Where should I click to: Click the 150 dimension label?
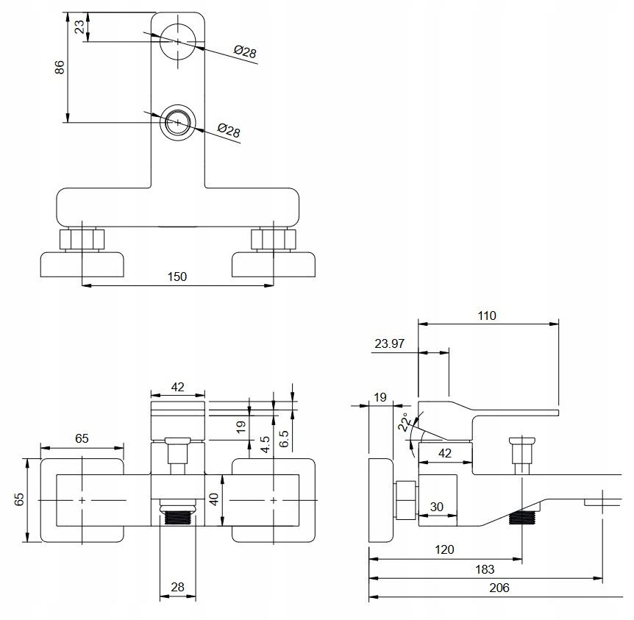pos(177,277)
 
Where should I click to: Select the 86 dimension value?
pos(60,67)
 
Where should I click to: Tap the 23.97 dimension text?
pos(389,343)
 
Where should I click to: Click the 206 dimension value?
pos(499,588)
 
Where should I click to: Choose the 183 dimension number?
pos(485,569)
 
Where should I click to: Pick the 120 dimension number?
pos(444,549)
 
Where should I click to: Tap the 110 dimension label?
pos(487,316)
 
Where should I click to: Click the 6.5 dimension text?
pos(284,439)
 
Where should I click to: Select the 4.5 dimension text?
pos(265,444)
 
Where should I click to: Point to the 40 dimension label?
pos(214,499)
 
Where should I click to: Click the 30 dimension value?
pos(437,507)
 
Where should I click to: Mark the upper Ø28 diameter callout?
pos(245,51)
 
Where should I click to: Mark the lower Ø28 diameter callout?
pos(229,130)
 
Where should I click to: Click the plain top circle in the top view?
pos(177,41)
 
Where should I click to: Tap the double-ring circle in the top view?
pos(177,123)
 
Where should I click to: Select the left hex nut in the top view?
pos(82,239)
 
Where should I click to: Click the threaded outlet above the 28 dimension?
pos(177,517)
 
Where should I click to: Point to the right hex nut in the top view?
pos(274,239)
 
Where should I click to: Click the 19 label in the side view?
pos(380,397)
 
